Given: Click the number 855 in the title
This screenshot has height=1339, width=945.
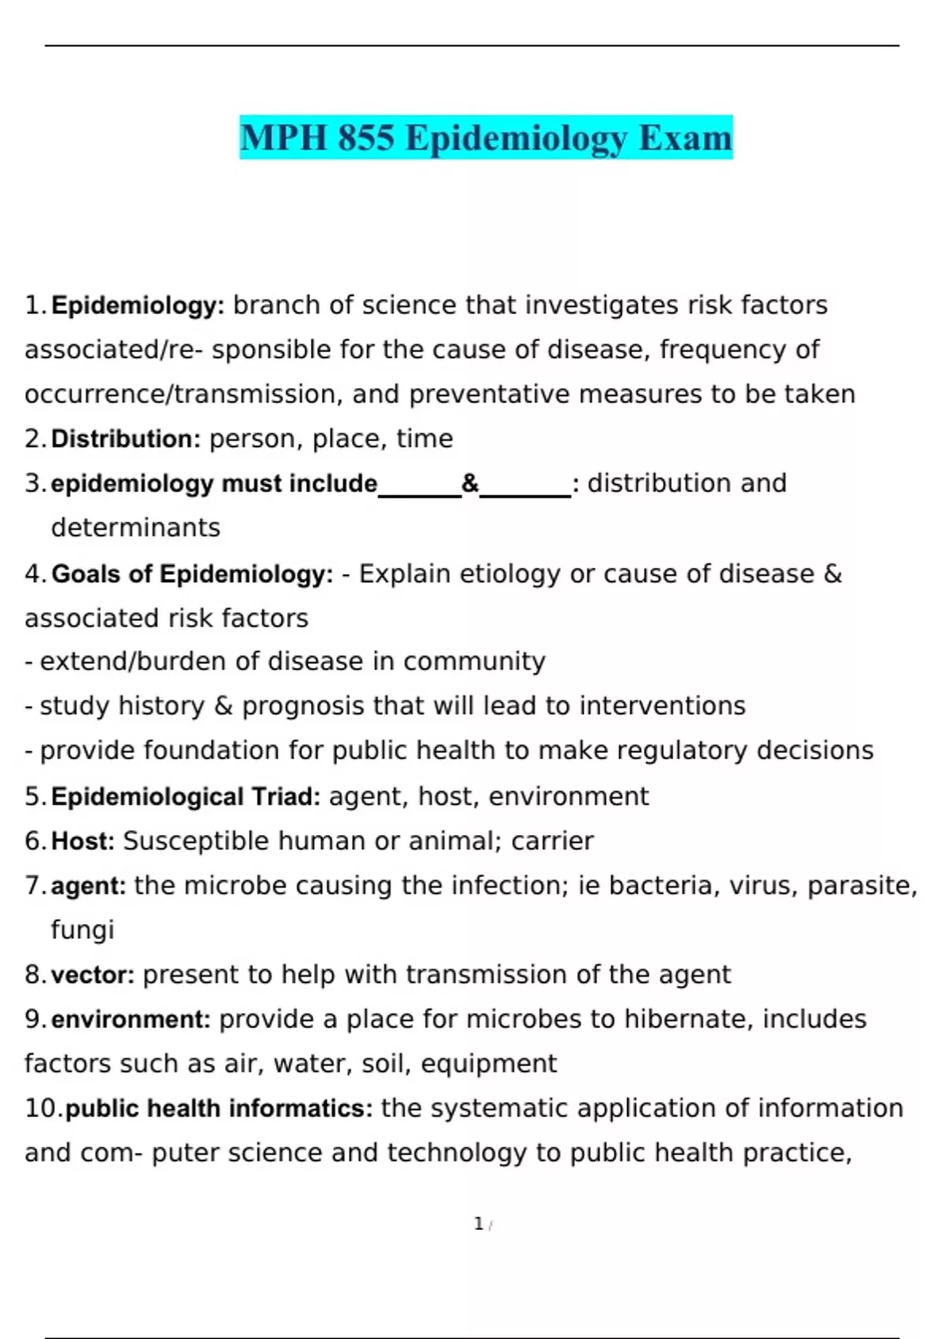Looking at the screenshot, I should coord(365,138).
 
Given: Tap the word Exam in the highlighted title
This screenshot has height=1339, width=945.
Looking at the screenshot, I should coord(685,138).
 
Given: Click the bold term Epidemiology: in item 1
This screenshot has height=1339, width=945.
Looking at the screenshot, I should coord(138,306).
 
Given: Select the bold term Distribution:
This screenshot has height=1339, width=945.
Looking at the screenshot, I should coord(126,439).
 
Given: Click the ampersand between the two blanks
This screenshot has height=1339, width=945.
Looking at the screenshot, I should coord(470,483).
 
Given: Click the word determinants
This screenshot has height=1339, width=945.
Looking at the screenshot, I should coord(135,528).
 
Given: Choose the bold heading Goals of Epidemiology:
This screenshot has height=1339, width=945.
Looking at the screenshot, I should coord(192,574).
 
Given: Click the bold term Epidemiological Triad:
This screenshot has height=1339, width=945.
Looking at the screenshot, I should coord(185,797).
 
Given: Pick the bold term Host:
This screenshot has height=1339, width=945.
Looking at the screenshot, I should coord(83,841).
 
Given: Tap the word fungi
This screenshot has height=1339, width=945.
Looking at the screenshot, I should coord(83,930).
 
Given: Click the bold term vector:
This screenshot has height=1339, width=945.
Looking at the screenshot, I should coord(92,975).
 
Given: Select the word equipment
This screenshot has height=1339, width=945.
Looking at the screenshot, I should coord(488,1064).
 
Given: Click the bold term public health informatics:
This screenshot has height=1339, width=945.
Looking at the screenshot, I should coord(219,1108).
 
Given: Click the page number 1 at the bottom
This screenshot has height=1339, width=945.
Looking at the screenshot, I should coord(478,1224).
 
